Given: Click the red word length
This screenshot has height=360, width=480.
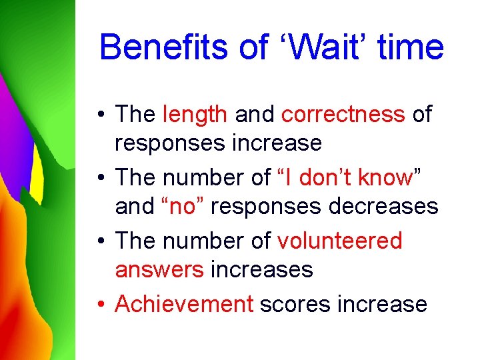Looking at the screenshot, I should coord(195,115).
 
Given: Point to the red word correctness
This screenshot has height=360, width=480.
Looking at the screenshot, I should coord(343,115).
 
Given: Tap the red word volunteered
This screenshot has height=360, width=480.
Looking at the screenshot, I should coord(340,241).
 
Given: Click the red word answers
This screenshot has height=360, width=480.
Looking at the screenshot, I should coord(159,270).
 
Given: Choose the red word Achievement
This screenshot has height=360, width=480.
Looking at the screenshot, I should coord(184,304).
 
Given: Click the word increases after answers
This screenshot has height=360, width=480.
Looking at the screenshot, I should coord(261,270).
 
